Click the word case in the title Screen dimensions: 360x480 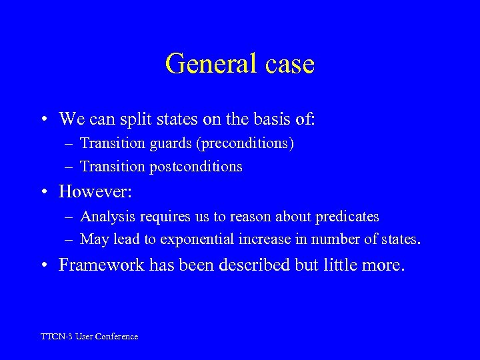(x=288, y=64)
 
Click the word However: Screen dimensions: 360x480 (x=96, y=192)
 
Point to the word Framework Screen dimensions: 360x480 (x=97, y=265)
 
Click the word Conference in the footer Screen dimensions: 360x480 (x=117, y=337)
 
